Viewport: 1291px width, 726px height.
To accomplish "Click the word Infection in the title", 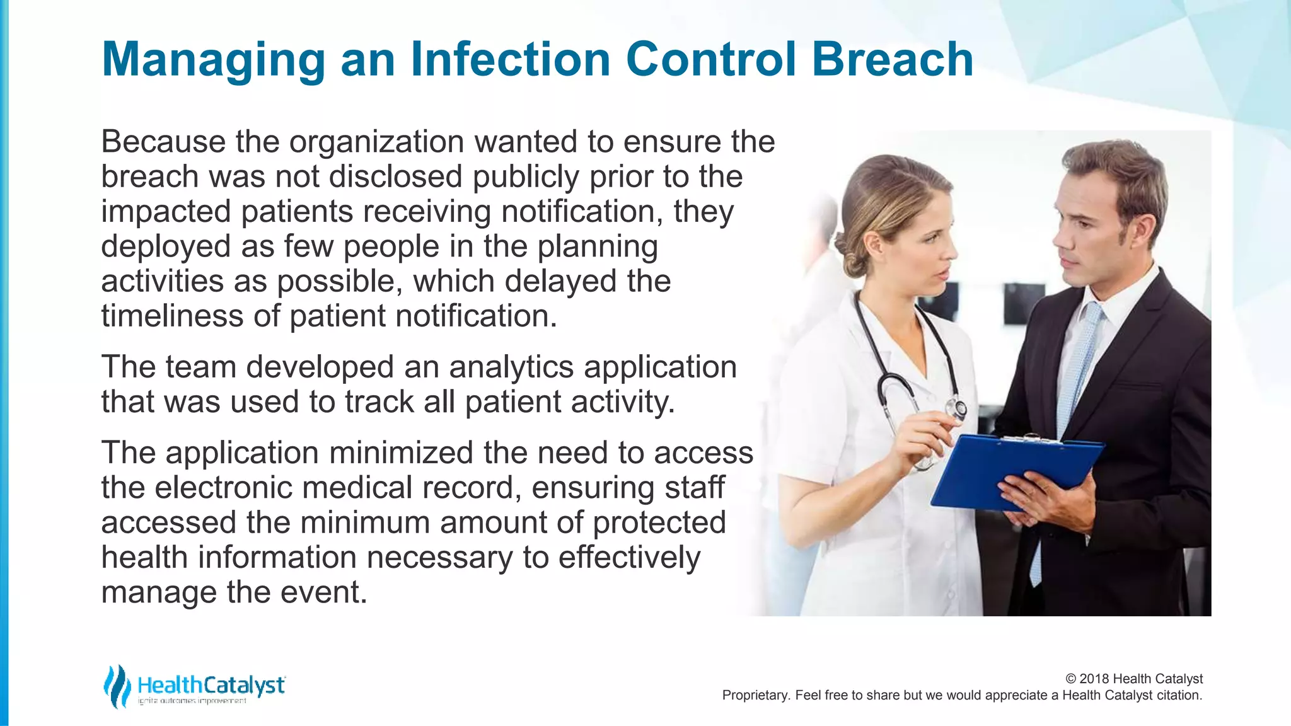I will (511, 59).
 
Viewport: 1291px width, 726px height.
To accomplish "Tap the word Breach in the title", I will (893, 59).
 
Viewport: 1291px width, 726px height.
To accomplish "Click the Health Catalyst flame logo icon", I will (116, 686).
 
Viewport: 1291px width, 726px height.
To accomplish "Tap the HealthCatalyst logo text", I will (211, 685).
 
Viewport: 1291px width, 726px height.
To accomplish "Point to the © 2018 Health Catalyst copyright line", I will (1133, 679).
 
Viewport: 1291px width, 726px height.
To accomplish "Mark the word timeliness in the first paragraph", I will (172, 316).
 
